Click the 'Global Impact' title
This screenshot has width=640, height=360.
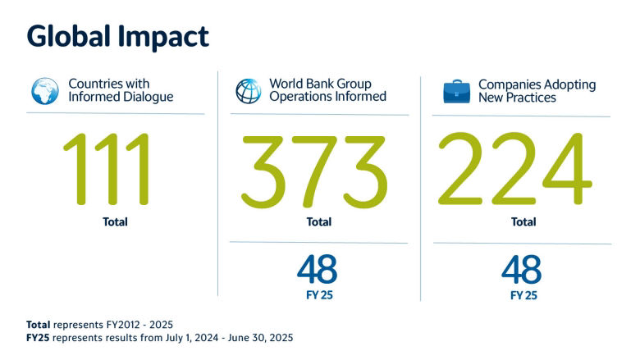tap(118, 37)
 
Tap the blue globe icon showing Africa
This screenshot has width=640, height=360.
tap(45, 91)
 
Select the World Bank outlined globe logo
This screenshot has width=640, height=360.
tap(249, 91)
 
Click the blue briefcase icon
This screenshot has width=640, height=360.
tap(457, 91)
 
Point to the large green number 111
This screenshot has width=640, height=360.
tap(107, 169)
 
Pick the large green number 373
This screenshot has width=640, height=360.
tap(314, 171)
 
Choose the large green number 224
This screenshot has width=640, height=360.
tap(515, 169)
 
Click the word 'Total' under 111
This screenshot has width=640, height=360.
tap(115, 221)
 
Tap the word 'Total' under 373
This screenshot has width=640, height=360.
tap(319, 221)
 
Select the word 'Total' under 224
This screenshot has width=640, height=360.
tap(523, 221)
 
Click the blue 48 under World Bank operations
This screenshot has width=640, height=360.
tap(318, 269)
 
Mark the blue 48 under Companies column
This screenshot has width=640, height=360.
tap(522, 269)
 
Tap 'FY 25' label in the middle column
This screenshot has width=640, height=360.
tap(320, 294)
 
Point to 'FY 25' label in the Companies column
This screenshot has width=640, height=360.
tap(523, 295)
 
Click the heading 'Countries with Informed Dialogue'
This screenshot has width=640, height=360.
tap(121, 90)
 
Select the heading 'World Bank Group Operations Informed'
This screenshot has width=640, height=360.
tap(327, 89)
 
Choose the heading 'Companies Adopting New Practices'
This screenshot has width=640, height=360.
tap(537, 91)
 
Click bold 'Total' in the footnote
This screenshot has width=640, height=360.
tap(39, 325)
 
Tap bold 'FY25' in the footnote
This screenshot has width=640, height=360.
tap(38, 338)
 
